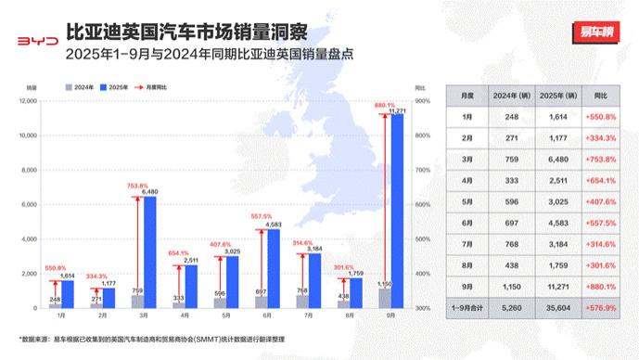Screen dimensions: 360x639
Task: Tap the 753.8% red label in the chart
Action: [x=138, y=186]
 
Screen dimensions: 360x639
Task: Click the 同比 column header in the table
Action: [x=601, y=95]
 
